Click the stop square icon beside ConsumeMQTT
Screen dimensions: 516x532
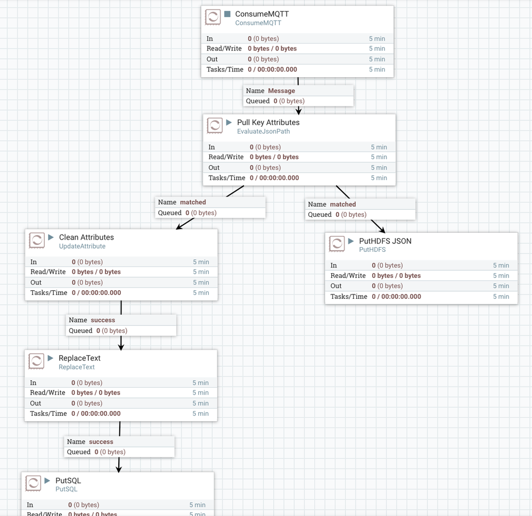tap(227, 14)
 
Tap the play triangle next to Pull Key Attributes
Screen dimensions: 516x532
tap(229, 122)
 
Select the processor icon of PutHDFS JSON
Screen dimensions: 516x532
tap(337, 244)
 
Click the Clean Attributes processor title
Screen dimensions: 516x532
tap(86, 237)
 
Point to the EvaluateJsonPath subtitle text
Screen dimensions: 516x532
tap(263, 132)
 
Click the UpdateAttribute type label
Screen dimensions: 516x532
tap(82, 247)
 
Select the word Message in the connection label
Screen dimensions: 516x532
tap(281, 91)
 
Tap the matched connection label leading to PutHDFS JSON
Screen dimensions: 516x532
tap(342, 204)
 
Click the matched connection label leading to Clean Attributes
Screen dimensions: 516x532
tap(193, 202)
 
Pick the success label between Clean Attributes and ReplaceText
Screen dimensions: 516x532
tap(103, 320)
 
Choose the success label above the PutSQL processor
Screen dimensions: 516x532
tap(101, 442)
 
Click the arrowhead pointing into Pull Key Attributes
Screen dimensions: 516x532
tap(299, 111)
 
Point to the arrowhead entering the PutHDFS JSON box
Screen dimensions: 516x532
tap(381, 228)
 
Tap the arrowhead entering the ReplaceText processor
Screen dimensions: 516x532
tap(121, 346)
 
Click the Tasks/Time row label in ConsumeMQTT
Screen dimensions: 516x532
tap(225, 69)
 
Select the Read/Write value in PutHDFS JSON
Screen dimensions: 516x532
tap(396, 276)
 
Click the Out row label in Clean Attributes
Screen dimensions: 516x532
tap(36, 283)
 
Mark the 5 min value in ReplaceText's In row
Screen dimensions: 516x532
tap(200, 383)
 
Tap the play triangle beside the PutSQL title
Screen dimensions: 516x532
tap(47, 480)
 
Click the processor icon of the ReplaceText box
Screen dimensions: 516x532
tap(36, 361)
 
